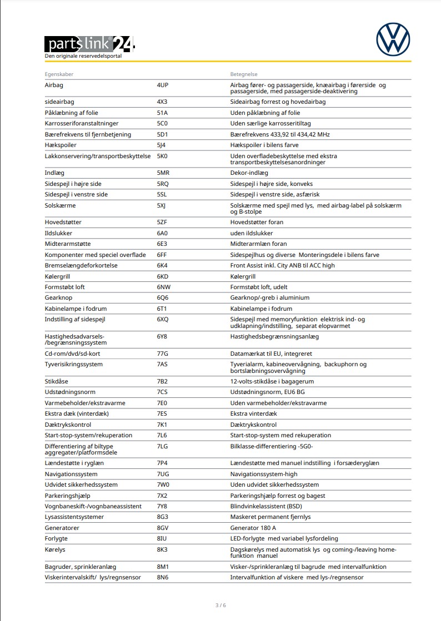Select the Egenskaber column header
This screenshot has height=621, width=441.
(59, 74)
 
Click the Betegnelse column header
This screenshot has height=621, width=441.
(244, 74)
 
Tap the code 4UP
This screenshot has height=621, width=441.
(163, 85)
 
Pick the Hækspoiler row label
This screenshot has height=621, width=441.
(61, 145)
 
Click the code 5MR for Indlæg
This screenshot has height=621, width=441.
(163, 173)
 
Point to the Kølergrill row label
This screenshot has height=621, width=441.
(60, 276)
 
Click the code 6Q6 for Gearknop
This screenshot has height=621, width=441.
(163, 298)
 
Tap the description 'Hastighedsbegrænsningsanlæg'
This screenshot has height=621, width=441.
(274, 336)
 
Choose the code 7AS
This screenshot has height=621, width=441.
(162, 365)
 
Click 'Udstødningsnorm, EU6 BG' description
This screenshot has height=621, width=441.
(268, 392)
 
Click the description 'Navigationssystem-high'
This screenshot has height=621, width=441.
(264, 474)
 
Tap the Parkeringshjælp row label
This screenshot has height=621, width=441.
(67, 496)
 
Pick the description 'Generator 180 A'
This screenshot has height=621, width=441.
(253, 528)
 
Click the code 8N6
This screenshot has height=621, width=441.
(163, 578)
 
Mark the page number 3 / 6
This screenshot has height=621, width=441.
(220, 605)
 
